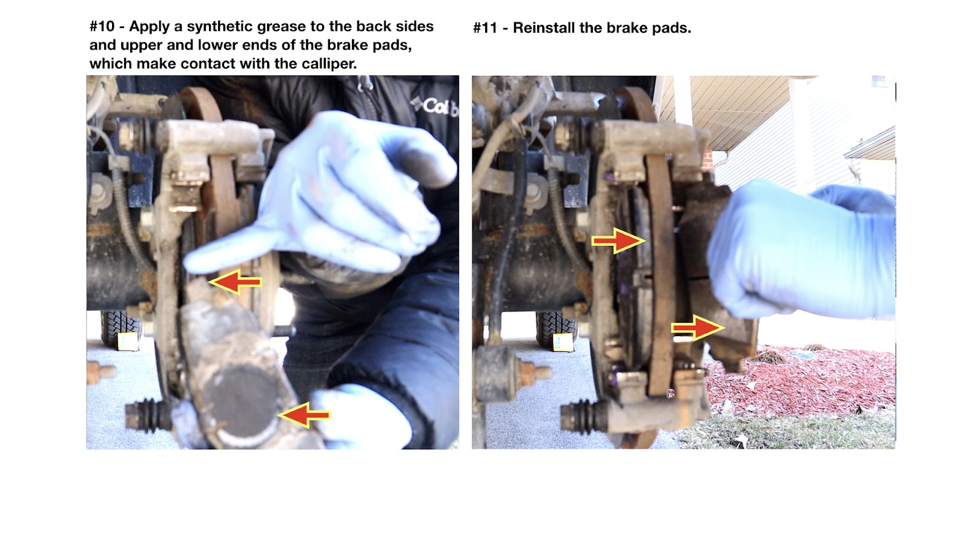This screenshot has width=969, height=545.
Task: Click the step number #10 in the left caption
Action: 102,27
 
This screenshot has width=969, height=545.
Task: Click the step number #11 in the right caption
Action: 485,28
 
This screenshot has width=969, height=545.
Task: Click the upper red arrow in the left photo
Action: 236,282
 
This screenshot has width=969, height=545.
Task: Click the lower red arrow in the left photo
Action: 303,415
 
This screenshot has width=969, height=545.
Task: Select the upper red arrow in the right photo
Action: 618,241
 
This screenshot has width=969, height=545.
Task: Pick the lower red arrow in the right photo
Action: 698,328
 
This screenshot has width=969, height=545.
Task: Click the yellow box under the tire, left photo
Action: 128,342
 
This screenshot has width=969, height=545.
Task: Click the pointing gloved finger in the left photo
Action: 225,255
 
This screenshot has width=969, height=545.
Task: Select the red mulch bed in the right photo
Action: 805,381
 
